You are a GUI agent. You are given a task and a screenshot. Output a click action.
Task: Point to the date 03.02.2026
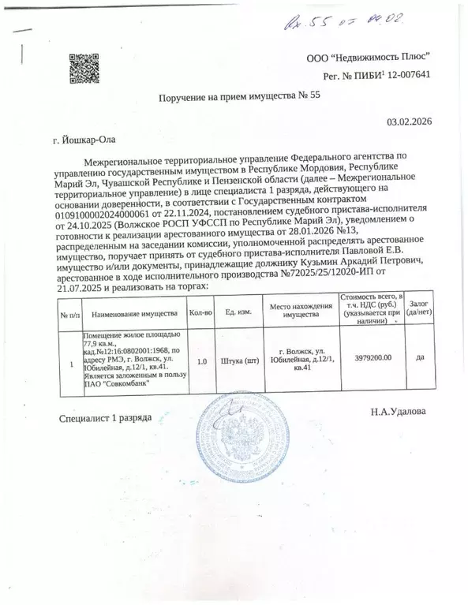pos(410,122)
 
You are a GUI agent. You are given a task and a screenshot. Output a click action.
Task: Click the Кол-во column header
pos(201,312)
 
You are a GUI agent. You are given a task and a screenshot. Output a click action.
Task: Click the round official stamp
pos(238,442)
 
